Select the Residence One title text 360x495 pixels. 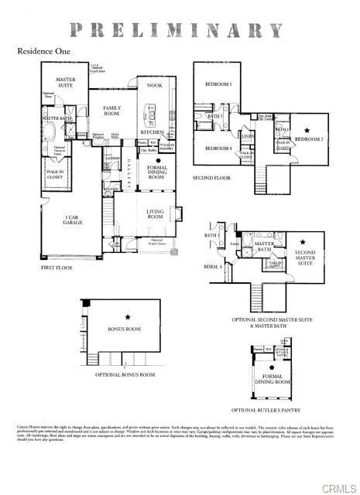(x=46, y=52)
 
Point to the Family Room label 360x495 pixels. (x=112, y=111)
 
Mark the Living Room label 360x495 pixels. (x=156, y=214)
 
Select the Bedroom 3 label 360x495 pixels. (x=218, y=84)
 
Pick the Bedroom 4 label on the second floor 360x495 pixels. (x=218, y=148)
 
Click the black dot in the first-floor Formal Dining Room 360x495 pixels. (x=157, y=161)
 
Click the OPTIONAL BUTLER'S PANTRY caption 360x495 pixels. (x=270, y=410)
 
